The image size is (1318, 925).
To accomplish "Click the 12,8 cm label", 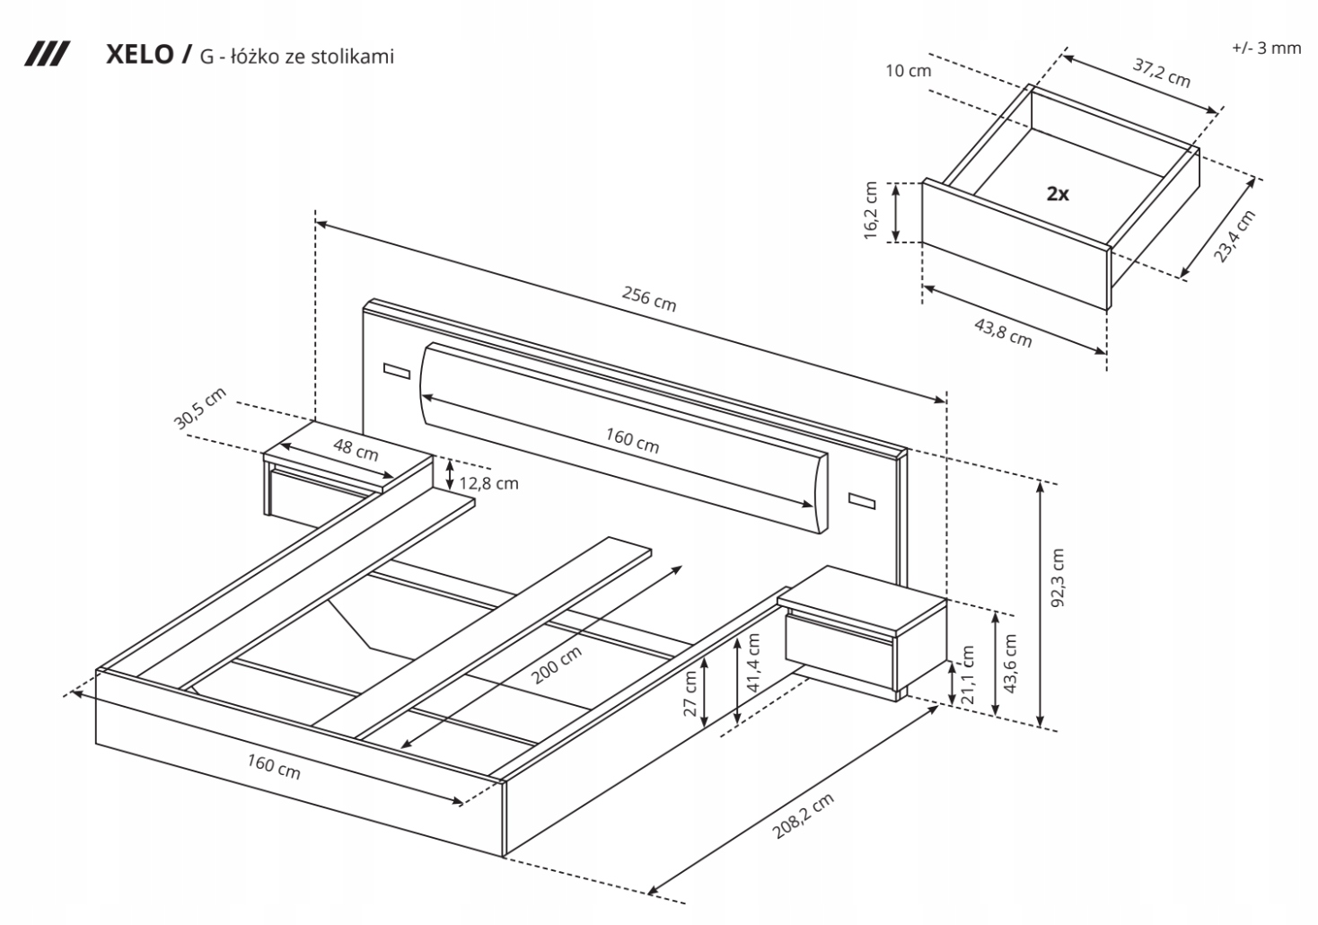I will pos(488,483).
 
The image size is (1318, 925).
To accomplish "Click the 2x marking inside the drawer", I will pos(1058,193).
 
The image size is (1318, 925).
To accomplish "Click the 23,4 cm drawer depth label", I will pos(1235,235).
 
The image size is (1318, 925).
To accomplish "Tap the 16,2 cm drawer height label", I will pos(870,211).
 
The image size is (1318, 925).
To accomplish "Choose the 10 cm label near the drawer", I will pos(908,70).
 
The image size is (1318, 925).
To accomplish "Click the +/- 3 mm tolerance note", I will pos(1266,48).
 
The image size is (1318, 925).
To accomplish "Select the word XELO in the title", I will pos(141,56).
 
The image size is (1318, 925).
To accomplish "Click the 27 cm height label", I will pos(690,692).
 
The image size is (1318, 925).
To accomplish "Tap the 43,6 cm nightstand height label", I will pos(1010,664).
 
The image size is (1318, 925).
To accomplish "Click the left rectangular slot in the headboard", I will pos(395,370).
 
